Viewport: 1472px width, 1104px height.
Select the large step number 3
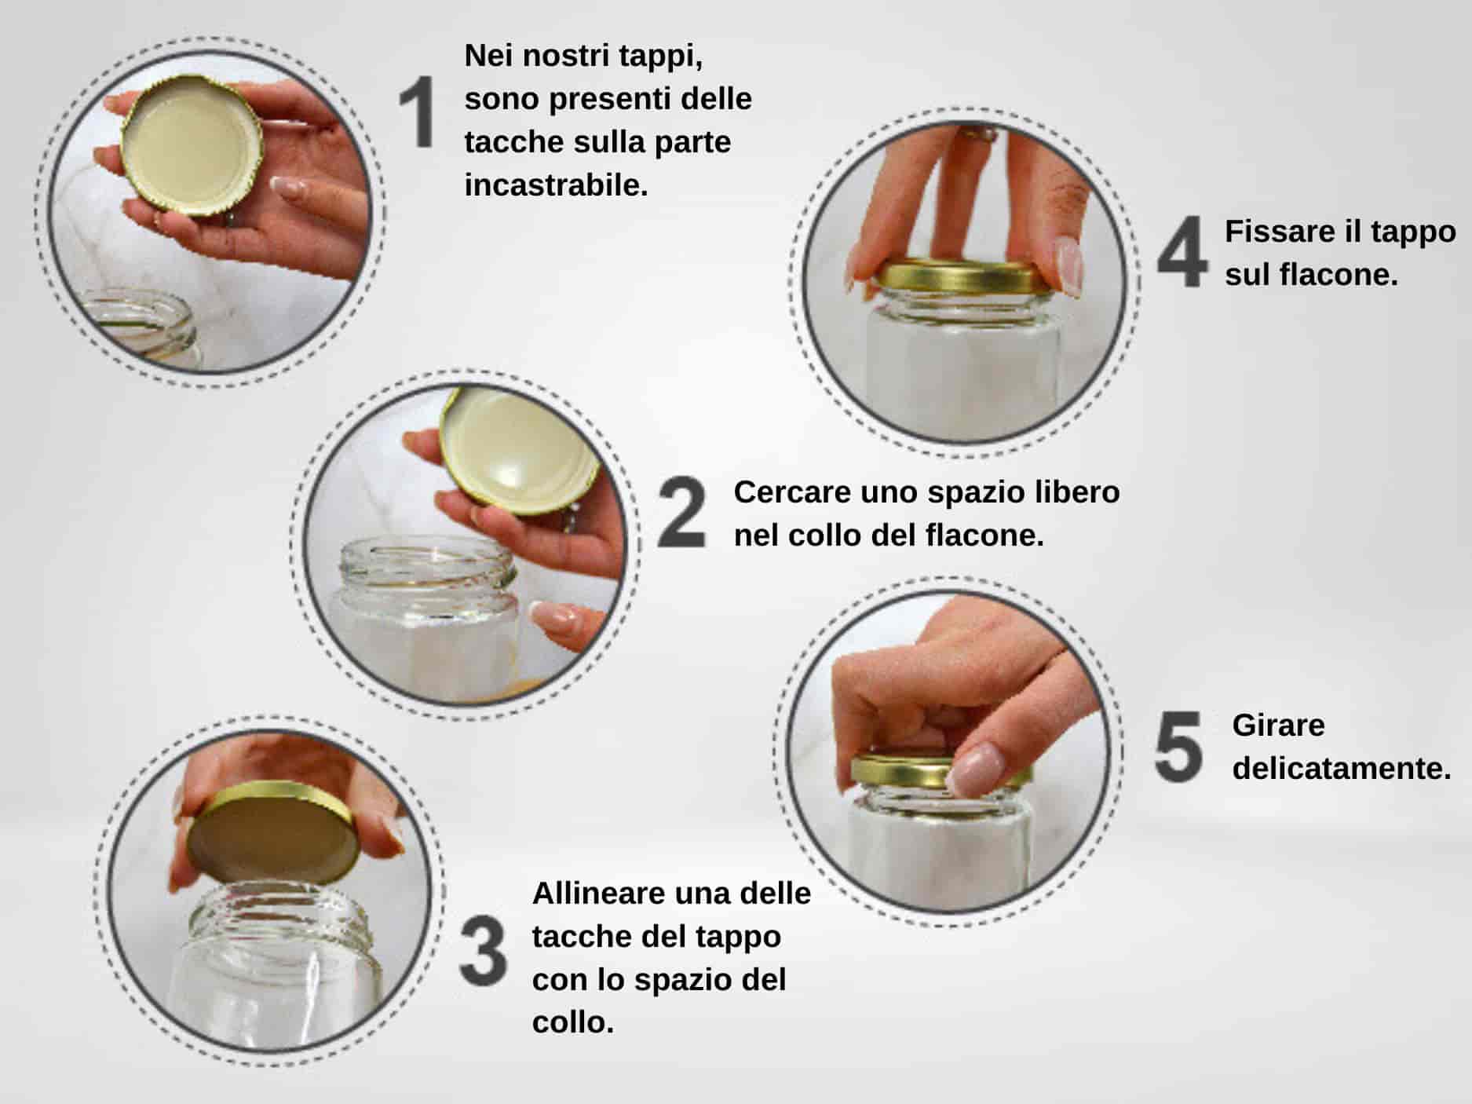483,951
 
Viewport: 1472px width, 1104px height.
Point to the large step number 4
1182,251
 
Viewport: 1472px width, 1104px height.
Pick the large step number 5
1178,747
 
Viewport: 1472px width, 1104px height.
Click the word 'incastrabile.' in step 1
556,185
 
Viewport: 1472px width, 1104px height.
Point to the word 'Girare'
1278,725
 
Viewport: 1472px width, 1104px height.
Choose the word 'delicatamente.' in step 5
1342,768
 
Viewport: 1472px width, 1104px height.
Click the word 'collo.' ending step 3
573,1022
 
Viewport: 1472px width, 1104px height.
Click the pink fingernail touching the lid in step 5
974,767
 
